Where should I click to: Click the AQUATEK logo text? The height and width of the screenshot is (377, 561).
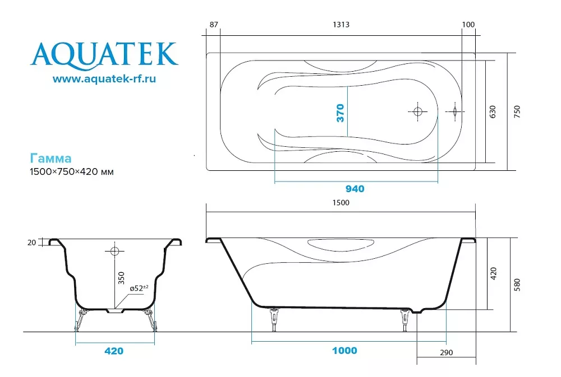[x=104, y=54]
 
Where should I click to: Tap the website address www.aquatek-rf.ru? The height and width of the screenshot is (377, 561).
[x=104, y=78]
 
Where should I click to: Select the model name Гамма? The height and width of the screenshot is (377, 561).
[x=51, y=159]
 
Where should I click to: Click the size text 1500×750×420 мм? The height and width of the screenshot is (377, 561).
[x=72, y=172]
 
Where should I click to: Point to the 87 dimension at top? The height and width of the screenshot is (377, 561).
[x=214, y=25]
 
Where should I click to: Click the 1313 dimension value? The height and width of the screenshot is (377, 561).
[x=341, y=25]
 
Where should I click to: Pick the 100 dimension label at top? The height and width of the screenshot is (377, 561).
[x=468, y=25]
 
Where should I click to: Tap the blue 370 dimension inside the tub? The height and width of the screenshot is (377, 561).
[x=341, y=113]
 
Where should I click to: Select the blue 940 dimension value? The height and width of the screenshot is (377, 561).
[x=355, y=189]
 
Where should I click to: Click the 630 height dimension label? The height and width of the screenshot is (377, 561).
[x=493, y=112]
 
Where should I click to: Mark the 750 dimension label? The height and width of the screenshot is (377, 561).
[x=517, y=112]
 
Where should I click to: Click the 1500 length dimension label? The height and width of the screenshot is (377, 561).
[x=341, y=203]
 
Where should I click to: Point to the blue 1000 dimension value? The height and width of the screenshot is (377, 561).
[x=344, y=351]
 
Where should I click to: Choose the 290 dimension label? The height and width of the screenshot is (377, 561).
[x=447, y=353]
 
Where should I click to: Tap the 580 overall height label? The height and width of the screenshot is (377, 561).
[x=517, y=285]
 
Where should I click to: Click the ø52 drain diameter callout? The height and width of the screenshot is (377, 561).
[x=139, y=288]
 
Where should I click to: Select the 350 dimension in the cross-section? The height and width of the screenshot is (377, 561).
[x=121, y=278]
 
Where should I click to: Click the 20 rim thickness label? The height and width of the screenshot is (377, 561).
[x=31, y=243]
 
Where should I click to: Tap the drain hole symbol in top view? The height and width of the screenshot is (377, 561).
[x=417, y=112]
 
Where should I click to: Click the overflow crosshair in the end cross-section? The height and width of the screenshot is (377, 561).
[x=114, y=251]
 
